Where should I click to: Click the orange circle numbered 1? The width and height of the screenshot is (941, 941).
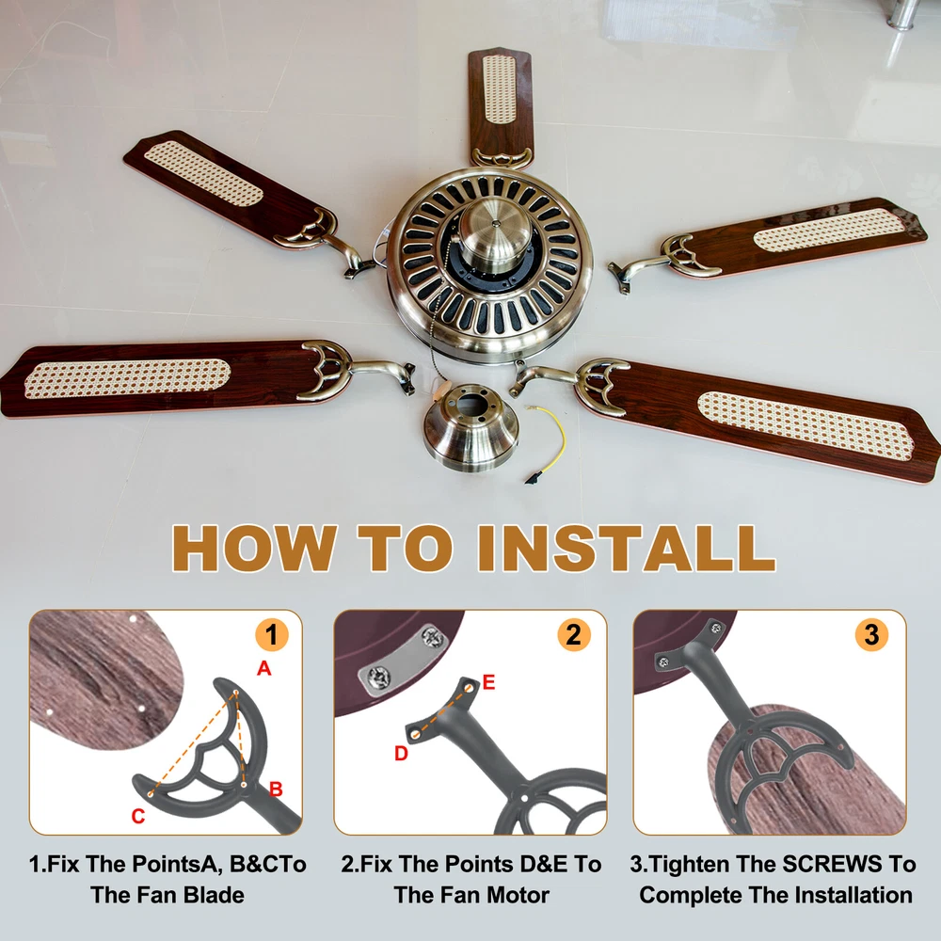(x=272, y=635)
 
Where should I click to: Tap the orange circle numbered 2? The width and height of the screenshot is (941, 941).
(x=574, y=635)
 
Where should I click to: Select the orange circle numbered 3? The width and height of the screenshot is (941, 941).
(x=872, y=635)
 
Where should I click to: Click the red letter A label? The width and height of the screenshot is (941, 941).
(x=264, y=668)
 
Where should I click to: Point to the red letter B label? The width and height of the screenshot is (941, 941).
(x=276, y=789)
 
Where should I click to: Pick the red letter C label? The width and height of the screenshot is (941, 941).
(x=138, y=816)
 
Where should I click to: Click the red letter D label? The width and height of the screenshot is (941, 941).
(x=401, y=754)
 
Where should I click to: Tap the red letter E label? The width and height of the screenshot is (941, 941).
(x=488, y=682)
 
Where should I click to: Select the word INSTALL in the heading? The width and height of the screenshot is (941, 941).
(x=627, y=549)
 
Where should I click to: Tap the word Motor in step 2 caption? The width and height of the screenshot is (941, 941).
(x=517, y=896)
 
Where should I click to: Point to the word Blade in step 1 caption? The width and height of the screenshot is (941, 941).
(x=213, y=896)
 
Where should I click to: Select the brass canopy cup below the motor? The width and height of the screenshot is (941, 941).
(x=471, y=426)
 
